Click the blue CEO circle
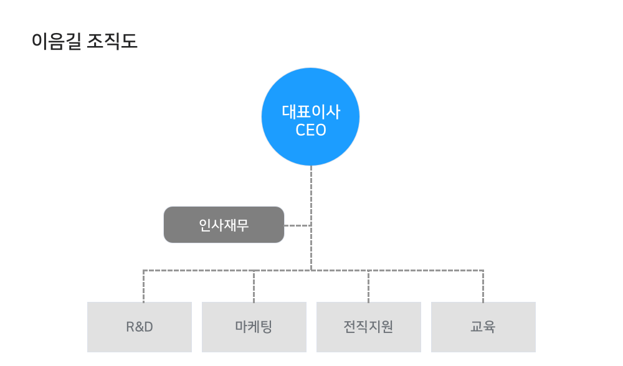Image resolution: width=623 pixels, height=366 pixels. [310, 116]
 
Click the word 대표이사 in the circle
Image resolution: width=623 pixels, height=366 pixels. [311, 112]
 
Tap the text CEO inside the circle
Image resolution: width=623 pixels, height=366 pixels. [311, 130]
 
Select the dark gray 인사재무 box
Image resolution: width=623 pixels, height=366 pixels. [224, 225]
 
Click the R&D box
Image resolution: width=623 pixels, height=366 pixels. [140, 327]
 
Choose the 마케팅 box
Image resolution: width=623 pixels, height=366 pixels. [254, 327]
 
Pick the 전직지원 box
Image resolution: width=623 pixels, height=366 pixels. [369, 327]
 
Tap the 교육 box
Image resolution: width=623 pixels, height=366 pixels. [483, 327]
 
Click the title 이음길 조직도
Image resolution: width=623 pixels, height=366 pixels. [85, 41]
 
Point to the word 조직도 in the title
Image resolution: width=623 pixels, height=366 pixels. [112, 41]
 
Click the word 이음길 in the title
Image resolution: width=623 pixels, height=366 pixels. [57, 41]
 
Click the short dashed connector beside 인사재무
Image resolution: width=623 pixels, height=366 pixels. [298, 225]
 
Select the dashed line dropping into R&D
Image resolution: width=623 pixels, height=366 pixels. [143, 286]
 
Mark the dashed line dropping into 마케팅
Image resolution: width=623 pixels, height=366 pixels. [254, 286]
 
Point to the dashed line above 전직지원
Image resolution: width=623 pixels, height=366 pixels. [368, 286]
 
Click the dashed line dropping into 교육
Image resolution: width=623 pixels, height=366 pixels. [483, 286]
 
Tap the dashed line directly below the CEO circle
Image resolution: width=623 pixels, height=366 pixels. [311, 218]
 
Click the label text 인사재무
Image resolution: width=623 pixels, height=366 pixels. [224, 225]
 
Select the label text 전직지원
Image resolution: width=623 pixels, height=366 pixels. [368, 327]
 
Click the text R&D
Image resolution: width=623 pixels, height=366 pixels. [140, 327]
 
